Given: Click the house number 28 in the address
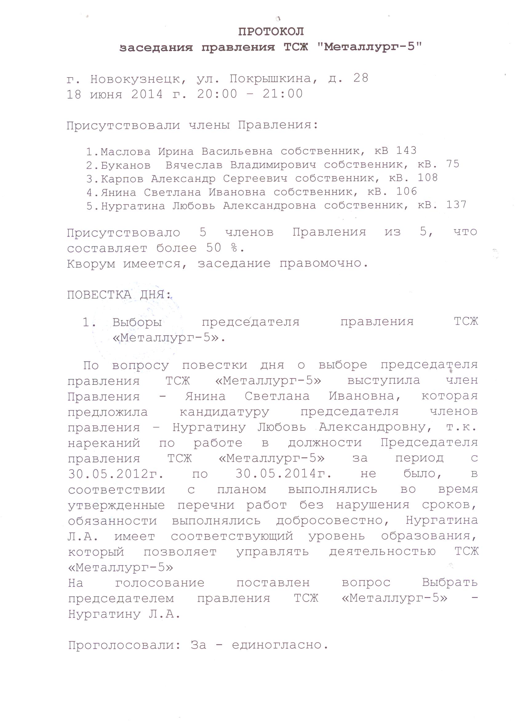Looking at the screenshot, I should point(361,78).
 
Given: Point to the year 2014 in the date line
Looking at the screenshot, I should point(147,94).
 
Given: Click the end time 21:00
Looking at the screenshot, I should point(283,94).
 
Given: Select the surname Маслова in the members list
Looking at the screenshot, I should point(126,152).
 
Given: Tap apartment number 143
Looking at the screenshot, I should point(406,150).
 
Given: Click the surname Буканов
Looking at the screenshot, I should point(126,165).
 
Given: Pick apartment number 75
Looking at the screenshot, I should point(453,164).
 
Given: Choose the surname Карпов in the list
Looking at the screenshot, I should point(122,179).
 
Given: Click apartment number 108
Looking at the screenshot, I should point(428,177).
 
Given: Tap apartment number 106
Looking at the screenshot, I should point(406,191).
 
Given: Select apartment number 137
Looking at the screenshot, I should point(456,205).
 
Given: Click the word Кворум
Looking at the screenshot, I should point(91,264).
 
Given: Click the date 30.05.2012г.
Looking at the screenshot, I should point(116,474).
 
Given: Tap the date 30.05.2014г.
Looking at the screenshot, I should point(284,474).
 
